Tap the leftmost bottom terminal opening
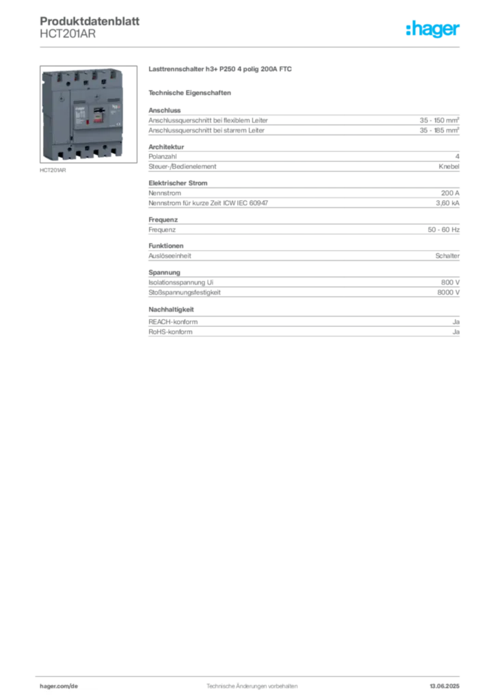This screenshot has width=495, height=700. [x=63, y=152]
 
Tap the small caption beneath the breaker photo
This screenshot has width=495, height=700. [x=53, y=172]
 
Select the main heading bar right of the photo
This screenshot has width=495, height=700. [x=222, y=70]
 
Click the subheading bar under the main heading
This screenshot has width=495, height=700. [x=191, y=92]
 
